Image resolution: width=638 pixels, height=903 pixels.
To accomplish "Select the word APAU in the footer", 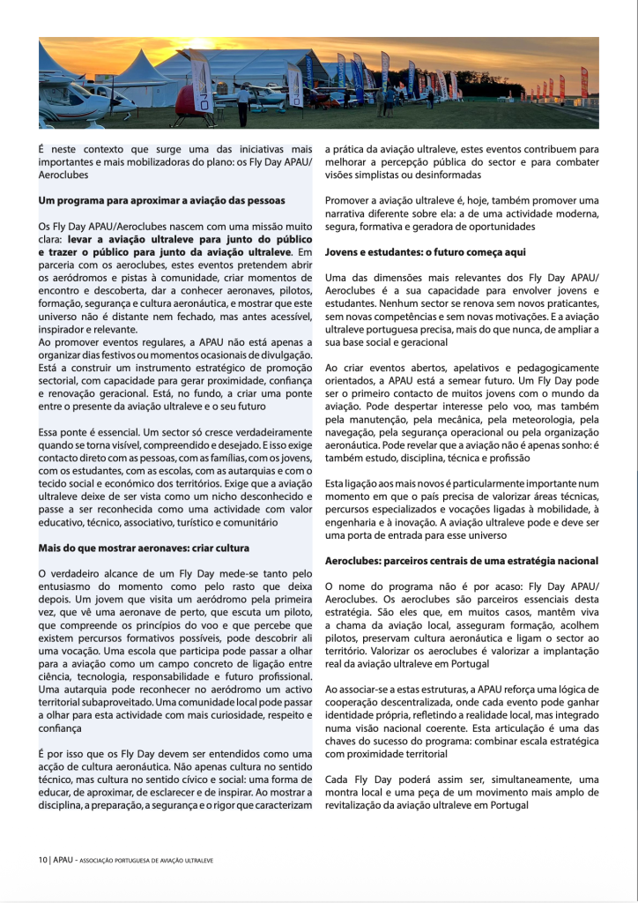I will click(62, 859).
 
